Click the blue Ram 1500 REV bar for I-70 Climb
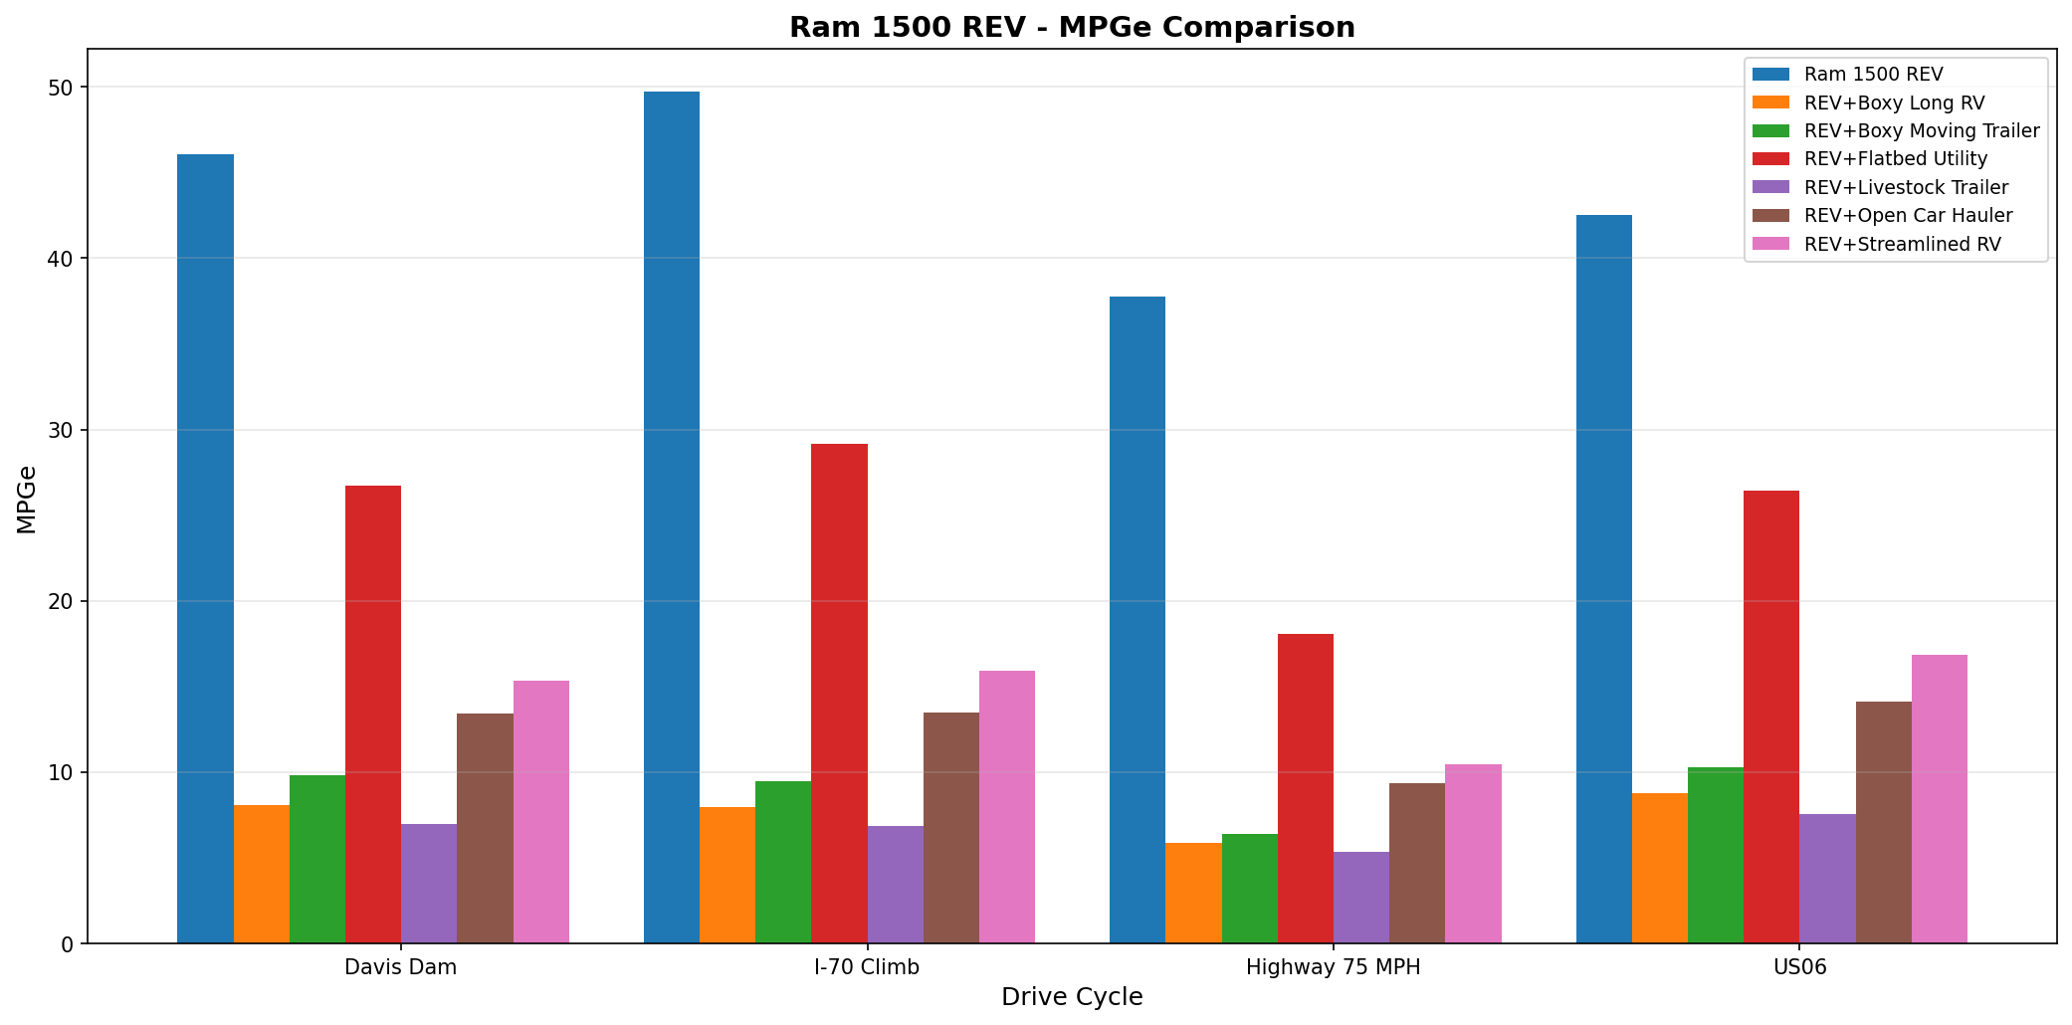click(671, 517)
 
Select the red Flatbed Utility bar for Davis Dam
click(373, 715)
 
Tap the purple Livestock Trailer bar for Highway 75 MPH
click(1360, 898)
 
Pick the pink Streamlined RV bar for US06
click(1939, 799)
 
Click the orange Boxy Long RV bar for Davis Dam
click(262, 874)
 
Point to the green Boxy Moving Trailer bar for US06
click(1716, 856)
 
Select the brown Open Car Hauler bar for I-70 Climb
click(950, 828)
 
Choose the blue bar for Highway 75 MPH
click(1137, 620)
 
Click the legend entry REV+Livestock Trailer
click(1905, 187)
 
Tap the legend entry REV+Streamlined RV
click(1901, 244)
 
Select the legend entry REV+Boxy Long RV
click(1893, 102)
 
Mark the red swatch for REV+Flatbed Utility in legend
click(1770, 159)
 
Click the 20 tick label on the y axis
click(62, 602)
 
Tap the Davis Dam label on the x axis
click(400, 967)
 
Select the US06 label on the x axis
click(1799, 967)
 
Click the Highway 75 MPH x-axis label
click(1333, 967)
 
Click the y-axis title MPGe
click(27, 500)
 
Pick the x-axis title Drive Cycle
click(1071, 997)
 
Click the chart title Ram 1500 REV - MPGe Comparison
click(1071, 27)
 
